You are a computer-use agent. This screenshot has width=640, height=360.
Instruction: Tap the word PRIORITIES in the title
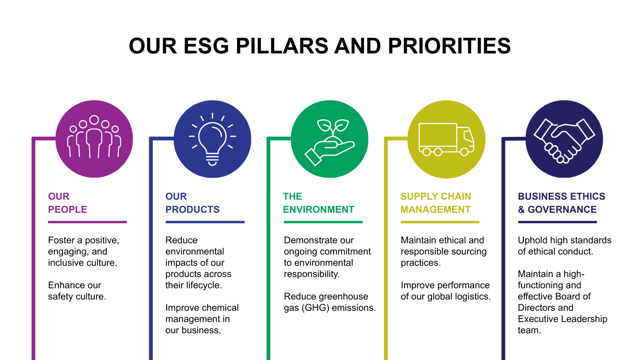tap(449, 46)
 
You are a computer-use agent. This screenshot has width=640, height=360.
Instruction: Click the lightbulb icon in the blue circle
tap(212, 139)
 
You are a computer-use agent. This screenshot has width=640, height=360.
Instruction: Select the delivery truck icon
tap(446, 139)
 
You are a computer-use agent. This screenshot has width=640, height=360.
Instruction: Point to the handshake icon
tap(564, 141)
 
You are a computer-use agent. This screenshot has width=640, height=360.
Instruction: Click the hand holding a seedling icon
tap(329, 142)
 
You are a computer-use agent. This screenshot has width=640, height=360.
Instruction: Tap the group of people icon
tap(94, 137)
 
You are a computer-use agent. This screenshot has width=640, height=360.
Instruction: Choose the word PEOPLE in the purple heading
tap(67, 210)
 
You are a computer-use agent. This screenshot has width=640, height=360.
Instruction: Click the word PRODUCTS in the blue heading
tap(192, 210)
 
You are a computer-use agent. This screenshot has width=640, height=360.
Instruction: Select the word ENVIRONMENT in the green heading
tap(319, 210)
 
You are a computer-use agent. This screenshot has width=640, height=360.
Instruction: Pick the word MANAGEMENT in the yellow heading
tap(435, 210)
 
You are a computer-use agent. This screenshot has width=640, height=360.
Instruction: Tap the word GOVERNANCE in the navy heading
tap(562, 210)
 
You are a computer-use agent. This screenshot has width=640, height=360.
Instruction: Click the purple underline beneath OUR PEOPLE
tap(88, 222)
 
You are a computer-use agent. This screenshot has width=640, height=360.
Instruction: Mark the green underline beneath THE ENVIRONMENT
tap(323, 222)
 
